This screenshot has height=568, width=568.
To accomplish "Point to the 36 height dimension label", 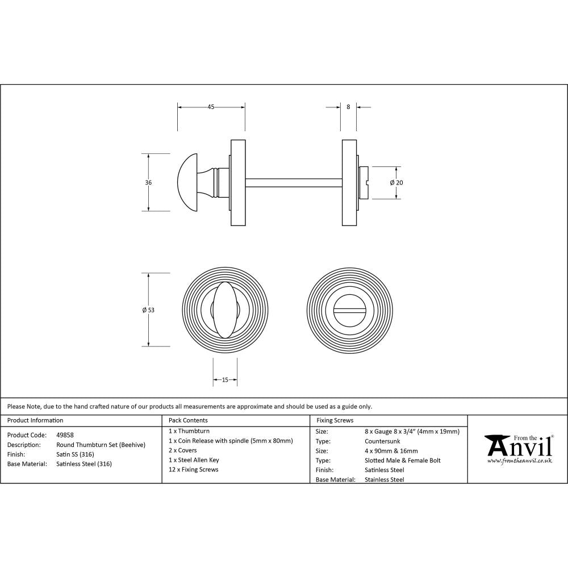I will [148, 183].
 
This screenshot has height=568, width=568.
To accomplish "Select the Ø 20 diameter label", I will [396, 183].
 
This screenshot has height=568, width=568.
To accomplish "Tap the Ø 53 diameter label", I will [148, 310].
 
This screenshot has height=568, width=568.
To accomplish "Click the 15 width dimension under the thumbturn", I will [225, 380].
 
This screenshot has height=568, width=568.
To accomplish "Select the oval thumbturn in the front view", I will [225, 310].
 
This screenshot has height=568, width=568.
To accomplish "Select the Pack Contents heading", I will [188, 421].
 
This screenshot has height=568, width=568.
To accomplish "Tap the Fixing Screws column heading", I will [335, 421].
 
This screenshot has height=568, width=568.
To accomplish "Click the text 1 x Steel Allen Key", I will [194, 460].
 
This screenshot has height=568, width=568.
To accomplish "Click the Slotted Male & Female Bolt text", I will [403, 461].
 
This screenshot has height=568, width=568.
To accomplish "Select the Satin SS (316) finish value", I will [76, 454].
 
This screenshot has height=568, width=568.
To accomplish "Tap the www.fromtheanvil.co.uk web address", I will [519, 461].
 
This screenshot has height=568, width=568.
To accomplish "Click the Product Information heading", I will [35, 421].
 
